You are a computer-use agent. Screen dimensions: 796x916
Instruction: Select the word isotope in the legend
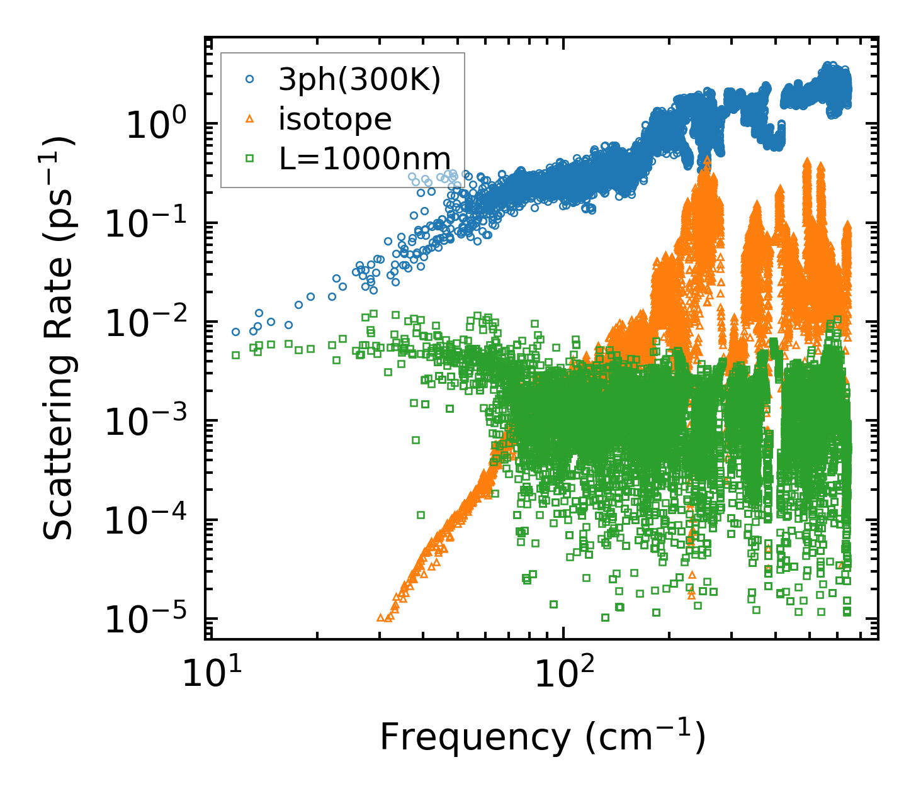(335, 119)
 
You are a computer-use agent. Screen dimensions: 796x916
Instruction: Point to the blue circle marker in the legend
(249, 79)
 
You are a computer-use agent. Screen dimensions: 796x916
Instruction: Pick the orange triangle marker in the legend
(249, 118)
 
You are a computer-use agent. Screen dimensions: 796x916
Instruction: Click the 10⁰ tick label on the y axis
(154, 125)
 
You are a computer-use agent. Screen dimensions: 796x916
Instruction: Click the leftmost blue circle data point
(235, 332)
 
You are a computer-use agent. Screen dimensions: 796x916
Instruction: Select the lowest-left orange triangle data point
(380, 617)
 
